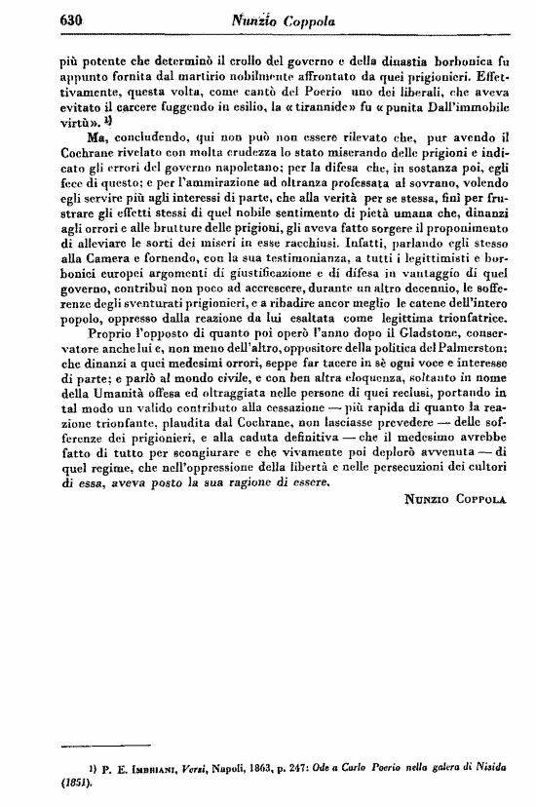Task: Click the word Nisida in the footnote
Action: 483,768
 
